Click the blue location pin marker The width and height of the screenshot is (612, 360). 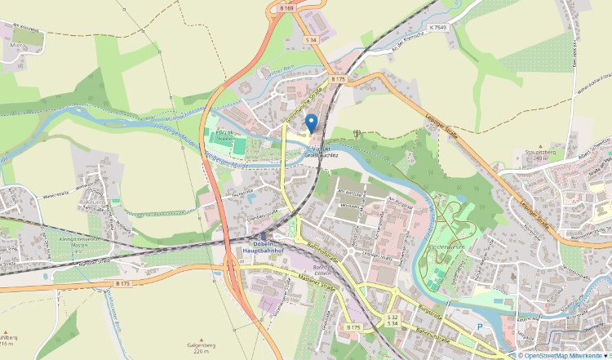point(311,123)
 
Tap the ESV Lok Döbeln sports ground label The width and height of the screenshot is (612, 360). point(229,136)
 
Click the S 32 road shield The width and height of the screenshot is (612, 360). point(392,317)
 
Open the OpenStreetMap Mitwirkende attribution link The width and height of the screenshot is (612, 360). point(562,355)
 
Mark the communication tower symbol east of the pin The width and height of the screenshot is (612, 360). point(357,131)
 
